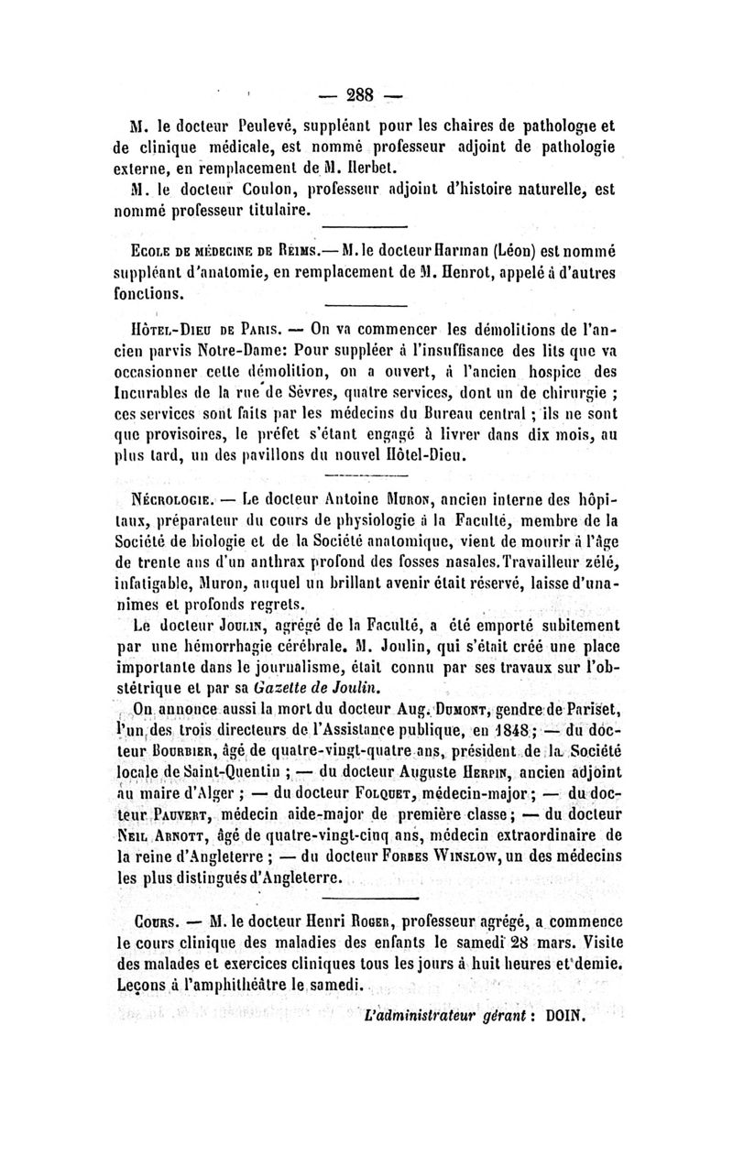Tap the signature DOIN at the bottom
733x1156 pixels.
click(559, 1018)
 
